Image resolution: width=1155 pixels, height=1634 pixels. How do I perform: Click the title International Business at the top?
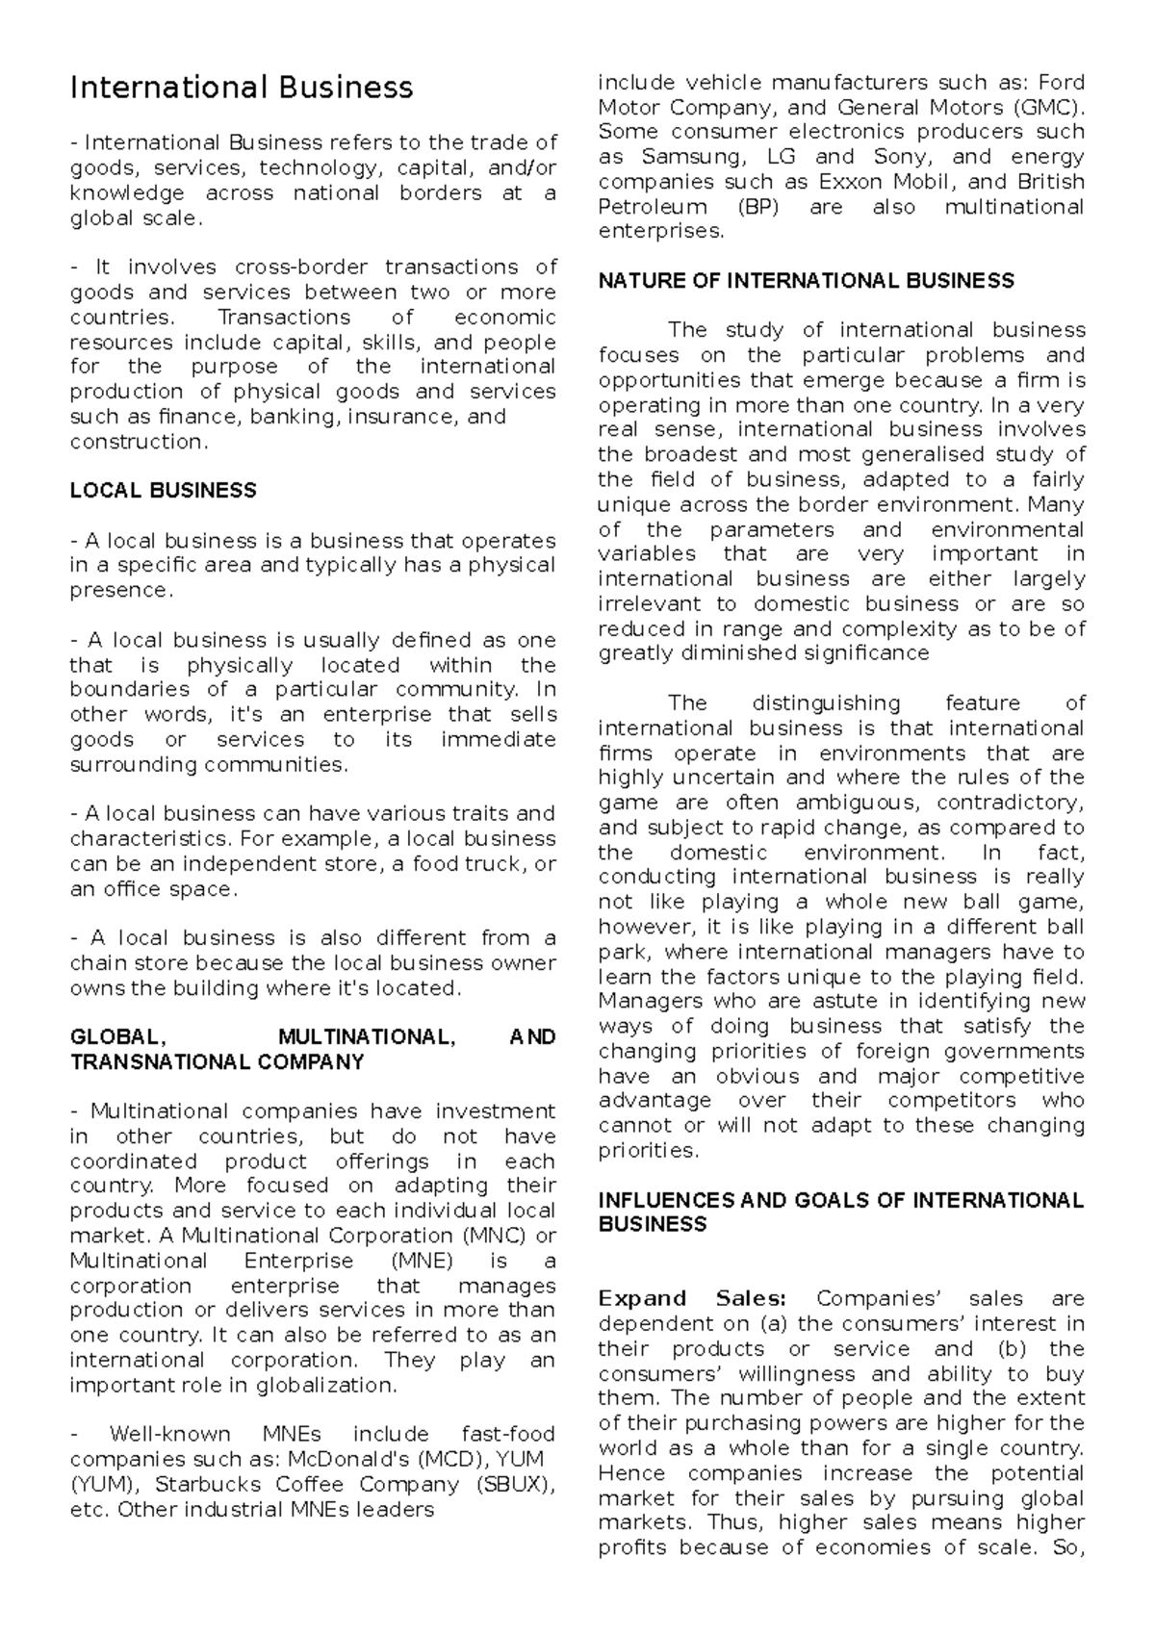click(242, 88)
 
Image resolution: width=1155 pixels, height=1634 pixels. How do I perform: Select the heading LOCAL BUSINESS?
click(163, 491)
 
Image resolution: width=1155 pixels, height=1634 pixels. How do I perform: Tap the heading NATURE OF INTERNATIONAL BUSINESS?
click(806, 281)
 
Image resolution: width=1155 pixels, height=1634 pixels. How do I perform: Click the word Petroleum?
click(653, 207)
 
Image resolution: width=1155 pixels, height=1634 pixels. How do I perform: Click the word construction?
click(137, 443)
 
